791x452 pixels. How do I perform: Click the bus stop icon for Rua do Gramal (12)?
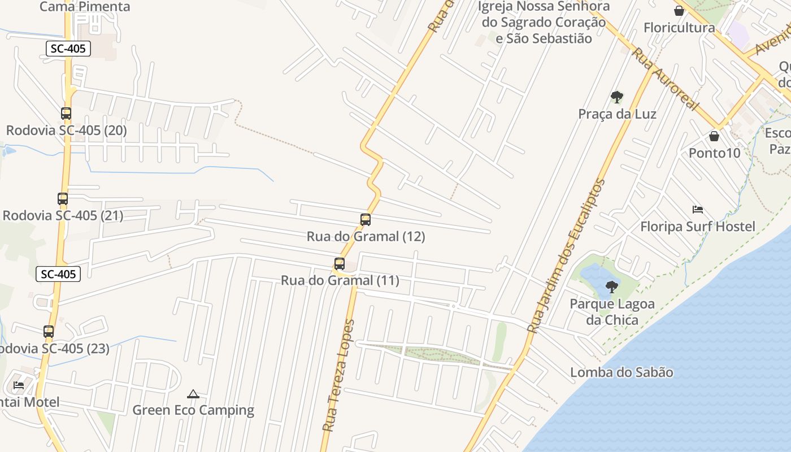click(x=366, y=220)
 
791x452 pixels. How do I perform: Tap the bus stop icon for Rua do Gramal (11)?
click(x=340, y=264)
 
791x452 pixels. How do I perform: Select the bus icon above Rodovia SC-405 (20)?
click(x=66, y=114)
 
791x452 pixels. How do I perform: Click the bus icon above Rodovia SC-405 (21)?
click(x=63, y=199)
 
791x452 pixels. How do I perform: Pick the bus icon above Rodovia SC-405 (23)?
click(x=49, y=332)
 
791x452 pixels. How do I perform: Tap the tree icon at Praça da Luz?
click(x=617, y=97)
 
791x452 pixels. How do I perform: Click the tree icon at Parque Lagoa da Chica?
click(x=611, y=287)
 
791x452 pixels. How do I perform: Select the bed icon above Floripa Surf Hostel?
click(x=698, y=210)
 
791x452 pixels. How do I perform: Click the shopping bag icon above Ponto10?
click(x=714, y=136)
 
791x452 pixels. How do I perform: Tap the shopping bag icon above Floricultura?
click(x=679, y=11)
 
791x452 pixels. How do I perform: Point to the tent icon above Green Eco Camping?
click(x=193, y=394)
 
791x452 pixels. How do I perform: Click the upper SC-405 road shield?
click(x=68, y=49)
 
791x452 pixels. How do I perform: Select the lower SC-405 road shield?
click(x=59, y=275)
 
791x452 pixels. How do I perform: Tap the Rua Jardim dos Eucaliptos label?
click(x=566, y=255)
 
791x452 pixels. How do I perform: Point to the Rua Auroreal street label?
click(x=665, y=79)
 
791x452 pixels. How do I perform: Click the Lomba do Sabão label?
click(x=621, y=372)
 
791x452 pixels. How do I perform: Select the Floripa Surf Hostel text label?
click(x=697, y=227)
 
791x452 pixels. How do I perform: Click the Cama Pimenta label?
click(x=85, y=7)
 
